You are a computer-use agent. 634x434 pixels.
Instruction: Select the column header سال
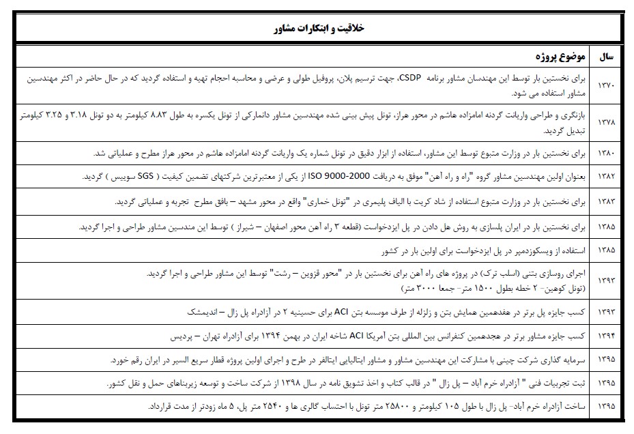[607, 57]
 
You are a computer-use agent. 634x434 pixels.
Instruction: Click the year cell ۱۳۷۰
[606, 86]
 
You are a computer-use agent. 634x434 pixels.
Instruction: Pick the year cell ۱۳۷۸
[606, 123]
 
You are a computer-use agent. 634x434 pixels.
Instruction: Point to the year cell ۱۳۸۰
[606, 154]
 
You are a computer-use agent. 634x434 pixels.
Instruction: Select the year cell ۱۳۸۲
[606, 177]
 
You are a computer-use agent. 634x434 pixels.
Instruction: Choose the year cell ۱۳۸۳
[606, 202]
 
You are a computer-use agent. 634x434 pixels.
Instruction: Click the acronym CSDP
[411, 79]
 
